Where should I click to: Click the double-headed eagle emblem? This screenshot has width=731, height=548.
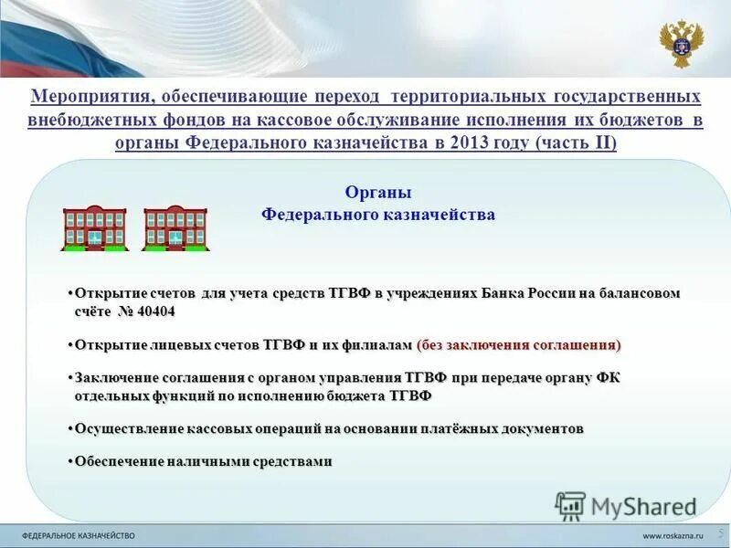coord(681,43)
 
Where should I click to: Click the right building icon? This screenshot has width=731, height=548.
coord(175,228)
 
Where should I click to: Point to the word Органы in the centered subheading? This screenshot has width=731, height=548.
coord(377,193)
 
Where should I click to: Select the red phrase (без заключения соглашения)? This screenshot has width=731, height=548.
coord(518,344)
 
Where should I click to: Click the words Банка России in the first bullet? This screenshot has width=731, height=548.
coord(514,293)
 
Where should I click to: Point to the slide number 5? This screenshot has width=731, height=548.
coord(720,532)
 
